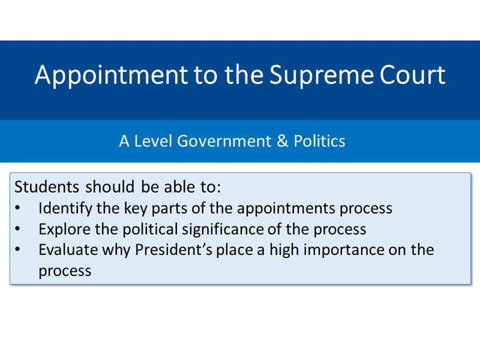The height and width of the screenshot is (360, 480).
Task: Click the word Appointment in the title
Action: (112, 76)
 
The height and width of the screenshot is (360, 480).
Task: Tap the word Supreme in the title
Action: (322, 76)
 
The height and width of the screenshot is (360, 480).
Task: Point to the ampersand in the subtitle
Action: (283, 141)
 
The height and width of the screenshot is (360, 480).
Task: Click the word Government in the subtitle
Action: (224, 141)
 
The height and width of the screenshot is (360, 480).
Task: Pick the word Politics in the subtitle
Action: (319, 141)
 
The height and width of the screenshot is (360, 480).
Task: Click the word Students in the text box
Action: (47, 187)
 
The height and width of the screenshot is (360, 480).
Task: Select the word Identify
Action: (65, 209)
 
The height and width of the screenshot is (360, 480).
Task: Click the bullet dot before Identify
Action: (17, 208)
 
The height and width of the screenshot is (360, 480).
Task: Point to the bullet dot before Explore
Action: (17, 229)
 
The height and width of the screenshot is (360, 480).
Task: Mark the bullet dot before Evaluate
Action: (17, 250)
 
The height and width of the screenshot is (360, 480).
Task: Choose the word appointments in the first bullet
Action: (286, 209)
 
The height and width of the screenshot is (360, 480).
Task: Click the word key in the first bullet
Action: (136, 209)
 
